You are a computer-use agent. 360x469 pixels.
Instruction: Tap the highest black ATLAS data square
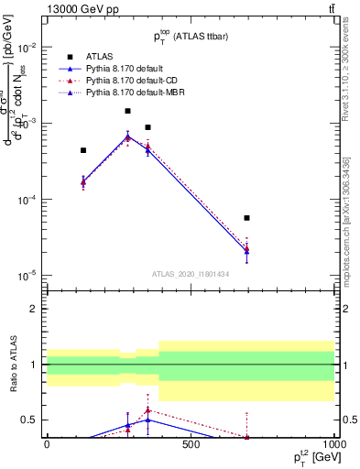coord(128,111)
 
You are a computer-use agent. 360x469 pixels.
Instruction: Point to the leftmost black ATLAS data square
coord(83,150)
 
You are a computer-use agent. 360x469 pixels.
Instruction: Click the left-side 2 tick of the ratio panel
coord(34,309)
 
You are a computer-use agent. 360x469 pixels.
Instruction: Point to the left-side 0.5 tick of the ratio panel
coord(29,420)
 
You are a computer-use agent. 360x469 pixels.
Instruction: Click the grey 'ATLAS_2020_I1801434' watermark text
coord(191,274)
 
